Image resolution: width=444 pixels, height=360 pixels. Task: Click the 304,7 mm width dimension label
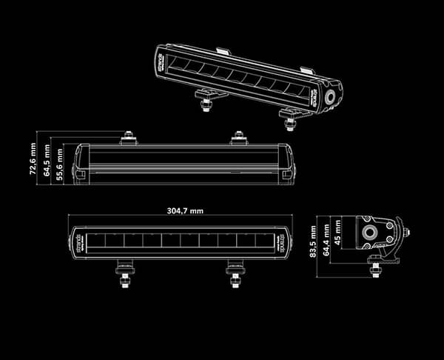pos(185,210)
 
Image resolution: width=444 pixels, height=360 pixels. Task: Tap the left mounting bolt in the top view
pos(129,137)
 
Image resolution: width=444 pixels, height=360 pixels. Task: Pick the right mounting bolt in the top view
pos(238,137)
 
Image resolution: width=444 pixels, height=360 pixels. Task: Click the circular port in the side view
pos(368,232)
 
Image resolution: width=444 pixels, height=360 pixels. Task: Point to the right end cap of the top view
pos(289,164)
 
